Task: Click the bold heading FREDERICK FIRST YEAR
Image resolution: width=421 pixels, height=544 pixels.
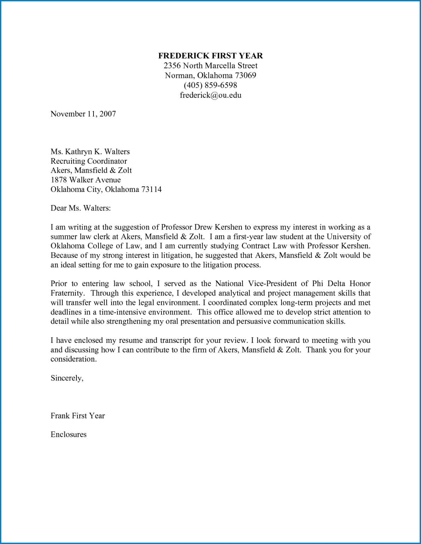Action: [x=210, y=56]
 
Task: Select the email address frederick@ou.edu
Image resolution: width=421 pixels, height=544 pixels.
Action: [x=210, y=95]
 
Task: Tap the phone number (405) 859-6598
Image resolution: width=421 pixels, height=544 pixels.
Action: [x=210, y=85]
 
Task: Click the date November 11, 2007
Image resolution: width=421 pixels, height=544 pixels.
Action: [x=83, y=114]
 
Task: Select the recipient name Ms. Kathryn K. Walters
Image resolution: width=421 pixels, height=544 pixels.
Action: [x=90, y=152]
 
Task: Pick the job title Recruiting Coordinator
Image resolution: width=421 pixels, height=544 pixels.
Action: [x=89, y=161]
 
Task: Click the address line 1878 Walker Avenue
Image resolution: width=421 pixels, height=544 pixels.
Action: [x=85, y=180]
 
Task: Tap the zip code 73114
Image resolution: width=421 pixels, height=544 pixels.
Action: [x=151, y=189]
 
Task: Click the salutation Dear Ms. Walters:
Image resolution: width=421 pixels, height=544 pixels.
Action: [x=80, y=208]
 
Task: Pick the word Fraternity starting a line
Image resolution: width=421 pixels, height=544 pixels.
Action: [x=67, y=293]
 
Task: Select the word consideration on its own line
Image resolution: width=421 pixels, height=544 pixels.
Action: [x=73, y=359]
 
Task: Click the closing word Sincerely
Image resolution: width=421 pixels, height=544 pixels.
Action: [x=66, y=378]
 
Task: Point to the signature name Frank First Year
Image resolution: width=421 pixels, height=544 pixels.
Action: [x=78, y=416]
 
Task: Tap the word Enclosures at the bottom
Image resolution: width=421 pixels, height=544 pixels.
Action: [x=68, y=435]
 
